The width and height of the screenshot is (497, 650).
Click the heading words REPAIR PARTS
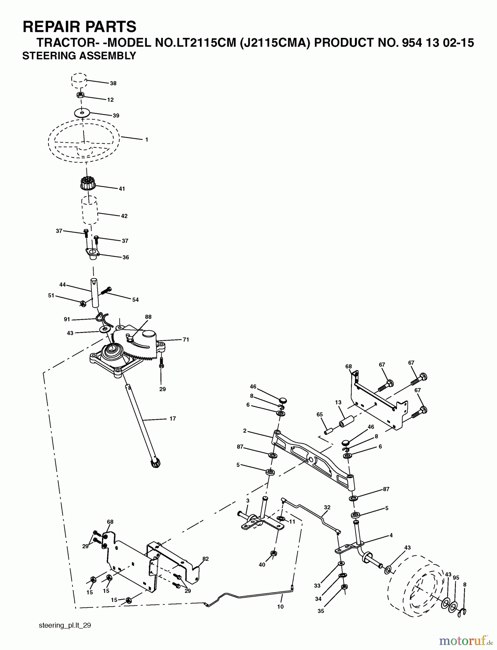coord(80,27)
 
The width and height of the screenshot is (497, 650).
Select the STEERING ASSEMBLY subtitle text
coord(79,56)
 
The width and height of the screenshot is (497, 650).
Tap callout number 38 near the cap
coord(113,83)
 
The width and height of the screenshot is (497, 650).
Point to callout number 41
coord(122,189)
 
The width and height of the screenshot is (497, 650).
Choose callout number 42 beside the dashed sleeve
coord(124,216)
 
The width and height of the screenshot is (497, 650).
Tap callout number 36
coord(125,257)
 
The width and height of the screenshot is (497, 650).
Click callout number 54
coord(135,300)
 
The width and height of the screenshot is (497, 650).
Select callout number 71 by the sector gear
coord(186,339)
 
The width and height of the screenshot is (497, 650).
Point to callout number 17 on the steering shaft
coord(172,419)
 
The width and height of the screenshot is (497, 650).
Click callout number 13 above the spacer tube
coord(338,403)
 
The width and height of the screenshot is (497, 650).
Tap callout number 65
coord(320,415)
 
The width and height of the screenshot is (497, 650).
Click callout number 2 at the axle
coord(245,430)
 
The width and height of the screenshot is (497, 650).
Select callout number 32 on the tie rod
coord(327,507)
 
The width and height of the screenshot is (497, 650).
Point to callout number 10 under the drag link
coord(280,607)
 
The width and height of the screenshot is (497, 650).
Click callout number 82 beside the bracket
coord(206,559)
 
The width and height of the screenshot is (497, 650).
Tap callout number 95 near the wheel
coord(456,578)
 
